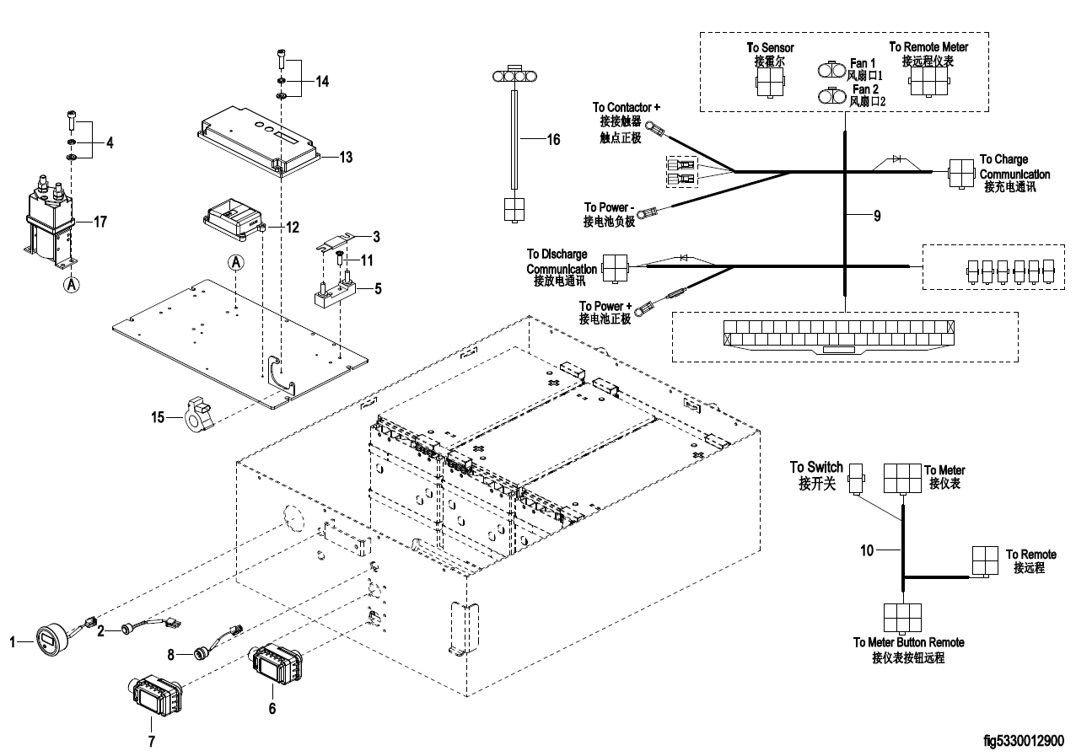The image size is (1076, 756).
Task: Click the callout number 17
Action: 100,223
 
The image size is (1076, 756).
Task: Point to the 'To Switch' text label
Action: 815,467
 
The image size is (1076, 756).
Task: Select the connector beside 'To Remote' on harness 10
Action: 983,560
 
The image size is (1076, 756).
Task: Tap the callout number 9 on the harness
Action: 876,217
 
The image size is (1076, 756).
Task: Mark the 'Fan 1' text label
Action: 863,63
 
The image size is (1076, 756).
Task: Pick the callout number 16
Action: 552,140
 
